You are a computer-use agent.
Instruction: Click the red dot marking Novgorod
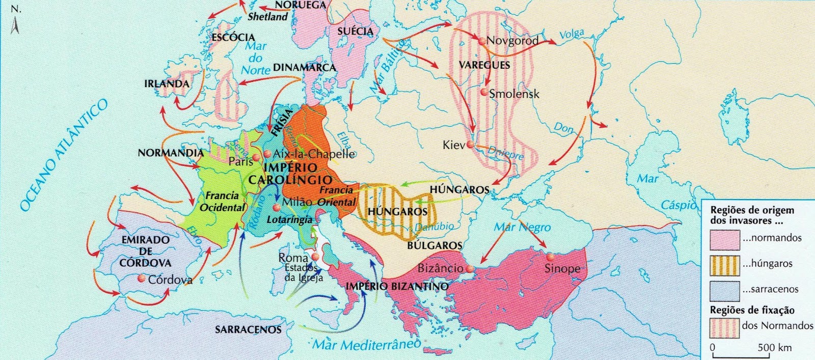[481, 40]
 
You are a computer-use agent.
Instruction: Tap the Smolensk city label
[513, 94]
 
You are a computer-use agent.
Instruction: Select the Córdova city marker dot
[141, 279]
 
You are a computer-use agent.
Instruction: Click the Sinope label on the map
[562, 268]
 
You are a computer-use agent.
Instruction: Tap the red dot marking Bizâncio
[469, 268]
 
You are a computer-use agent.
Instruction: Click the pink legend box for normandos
[724, 238]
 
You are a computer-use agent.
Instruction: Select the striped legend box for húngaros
[724, 264]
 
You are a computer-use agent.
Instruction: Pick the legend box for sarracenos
[724, 289]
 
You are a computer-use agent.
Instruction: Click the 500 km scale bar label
[774, 347]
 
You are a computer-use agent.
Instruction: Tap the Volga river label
[572, 35]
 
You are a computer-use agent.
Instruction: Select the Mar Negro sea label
[522, 227]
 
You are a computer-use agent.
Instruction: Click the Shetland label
[268, 17]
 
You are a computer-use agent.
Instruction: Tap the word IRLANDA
[166, 84]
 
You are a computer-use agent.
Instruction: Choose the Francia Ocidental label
[222, 202]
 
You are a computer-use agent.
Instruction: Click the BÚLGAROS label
[434, 245]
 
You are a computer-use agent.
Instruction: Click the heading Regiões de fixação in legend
[752, 310]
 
